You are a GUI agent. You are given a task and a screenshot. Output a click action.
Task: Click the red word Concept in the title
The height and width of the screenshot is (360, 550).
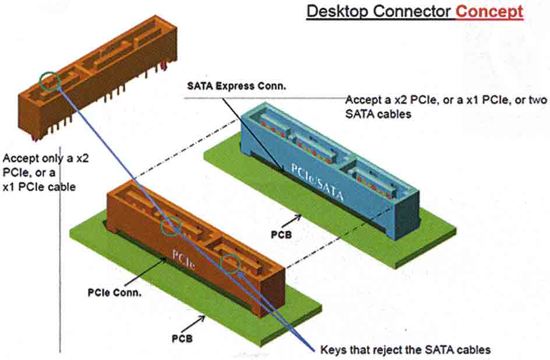click(489, 11)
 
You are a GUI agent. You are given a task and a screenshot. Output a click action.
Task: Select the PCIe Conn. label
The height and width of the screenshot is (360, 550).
click(115, 292)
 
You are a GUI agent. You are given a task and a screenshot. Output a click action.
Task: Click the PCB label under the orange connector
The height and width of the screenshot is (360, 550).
click(183, 337)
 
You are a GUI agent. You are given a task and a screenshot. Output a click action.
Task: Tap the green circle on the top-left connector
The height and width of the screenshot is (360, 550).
click(50, 81)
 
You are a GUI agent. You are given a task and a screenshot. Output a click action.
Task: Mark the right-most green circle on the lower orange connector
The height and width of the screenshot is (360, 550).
click(231, 263)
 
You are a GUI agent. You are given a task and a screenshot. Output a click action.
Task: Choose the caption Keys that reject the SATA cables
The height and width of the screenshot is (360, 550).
click(406, 350)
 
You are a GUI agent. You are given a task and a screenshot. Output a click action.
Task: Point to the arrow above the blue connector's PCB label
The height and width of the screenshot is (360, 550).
click(294, 220)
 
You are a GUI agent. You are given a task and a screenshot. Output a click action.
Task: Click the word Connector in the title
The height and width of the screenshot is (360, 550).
click(412, 11)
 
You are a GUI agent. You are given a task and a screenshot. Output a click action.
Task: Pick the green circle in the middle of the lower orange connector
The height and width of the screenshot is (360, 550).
click(171, 226)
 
